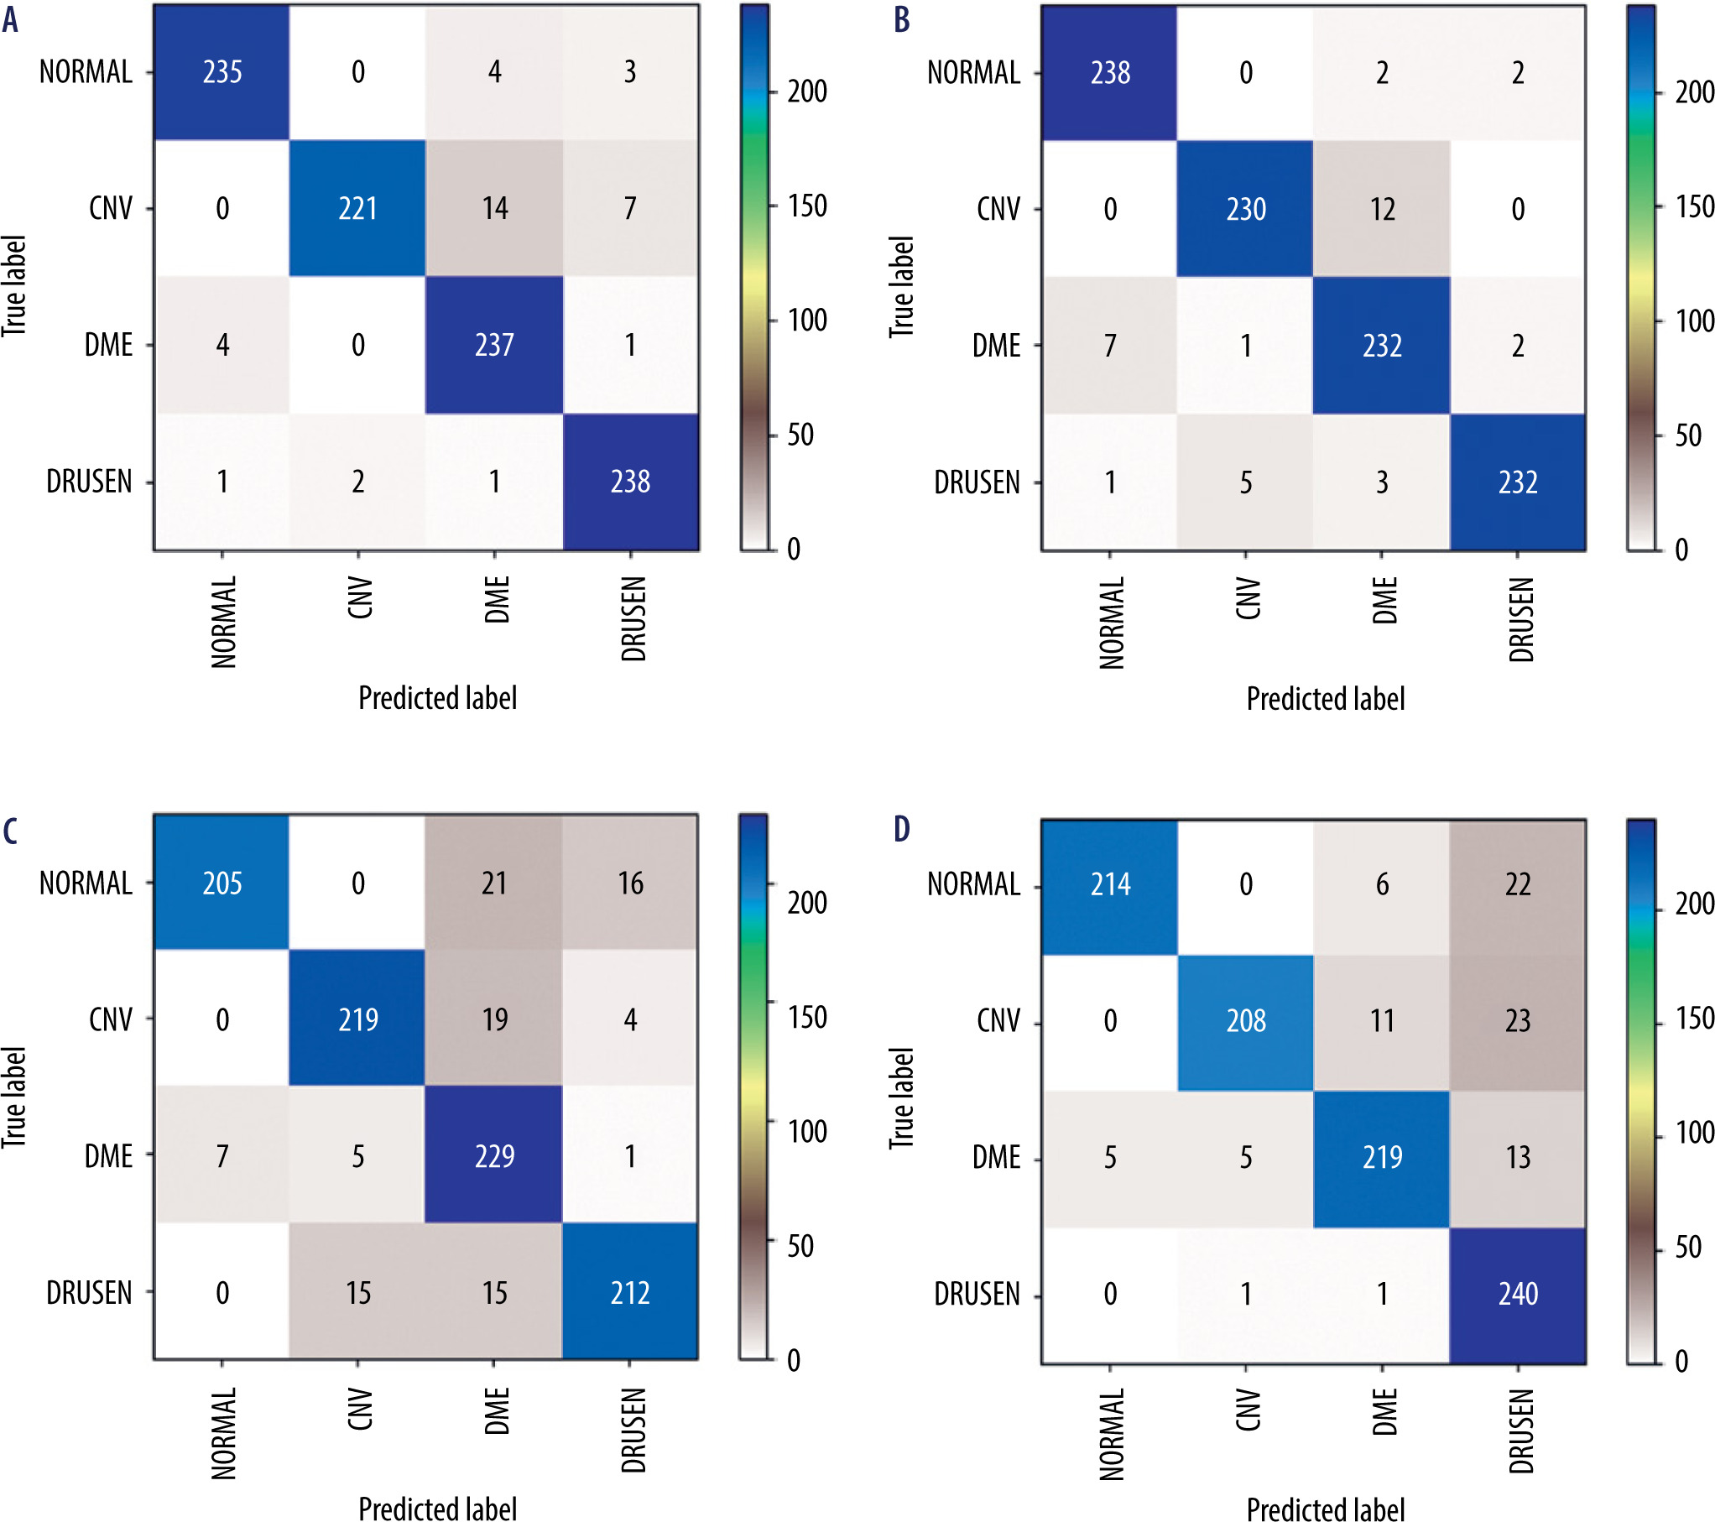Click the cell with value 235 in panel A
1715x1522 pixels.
[222, 72]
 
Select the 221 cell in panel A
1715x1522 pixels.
[358, 208]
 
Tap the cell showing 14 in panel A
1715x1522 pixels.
[494, 208]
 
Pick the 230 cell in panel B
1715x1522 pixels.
[1246, 209]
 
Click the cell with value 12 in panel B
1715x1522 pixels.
[1382, 209]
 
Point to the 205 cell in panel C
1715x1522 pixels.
[222, 883]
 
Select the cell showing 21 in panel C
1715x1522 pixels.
[494, 883]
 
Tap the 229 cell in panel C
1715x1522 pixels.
[494, 1156]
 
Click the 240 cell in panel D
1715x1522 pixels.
[1518, 1294]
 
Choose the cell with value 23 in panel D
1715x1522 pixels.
[1518, 1021]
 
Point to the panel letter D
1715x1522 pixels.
[901, 829]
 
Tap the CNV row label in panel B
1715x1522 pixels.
[998, 209]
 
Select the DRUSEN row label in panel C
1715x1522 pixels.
[89, 1293]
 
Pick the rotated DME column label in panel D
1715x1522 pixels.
[1384, 1411]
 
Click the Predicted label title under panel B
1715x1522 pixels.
[1325, 699]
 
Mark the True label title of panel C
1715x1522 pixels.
[14, 1097]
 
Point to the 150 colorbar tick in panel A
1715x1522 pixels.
[807, 206]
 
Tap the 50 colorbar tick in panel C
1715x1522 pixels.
[800, 1246]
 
